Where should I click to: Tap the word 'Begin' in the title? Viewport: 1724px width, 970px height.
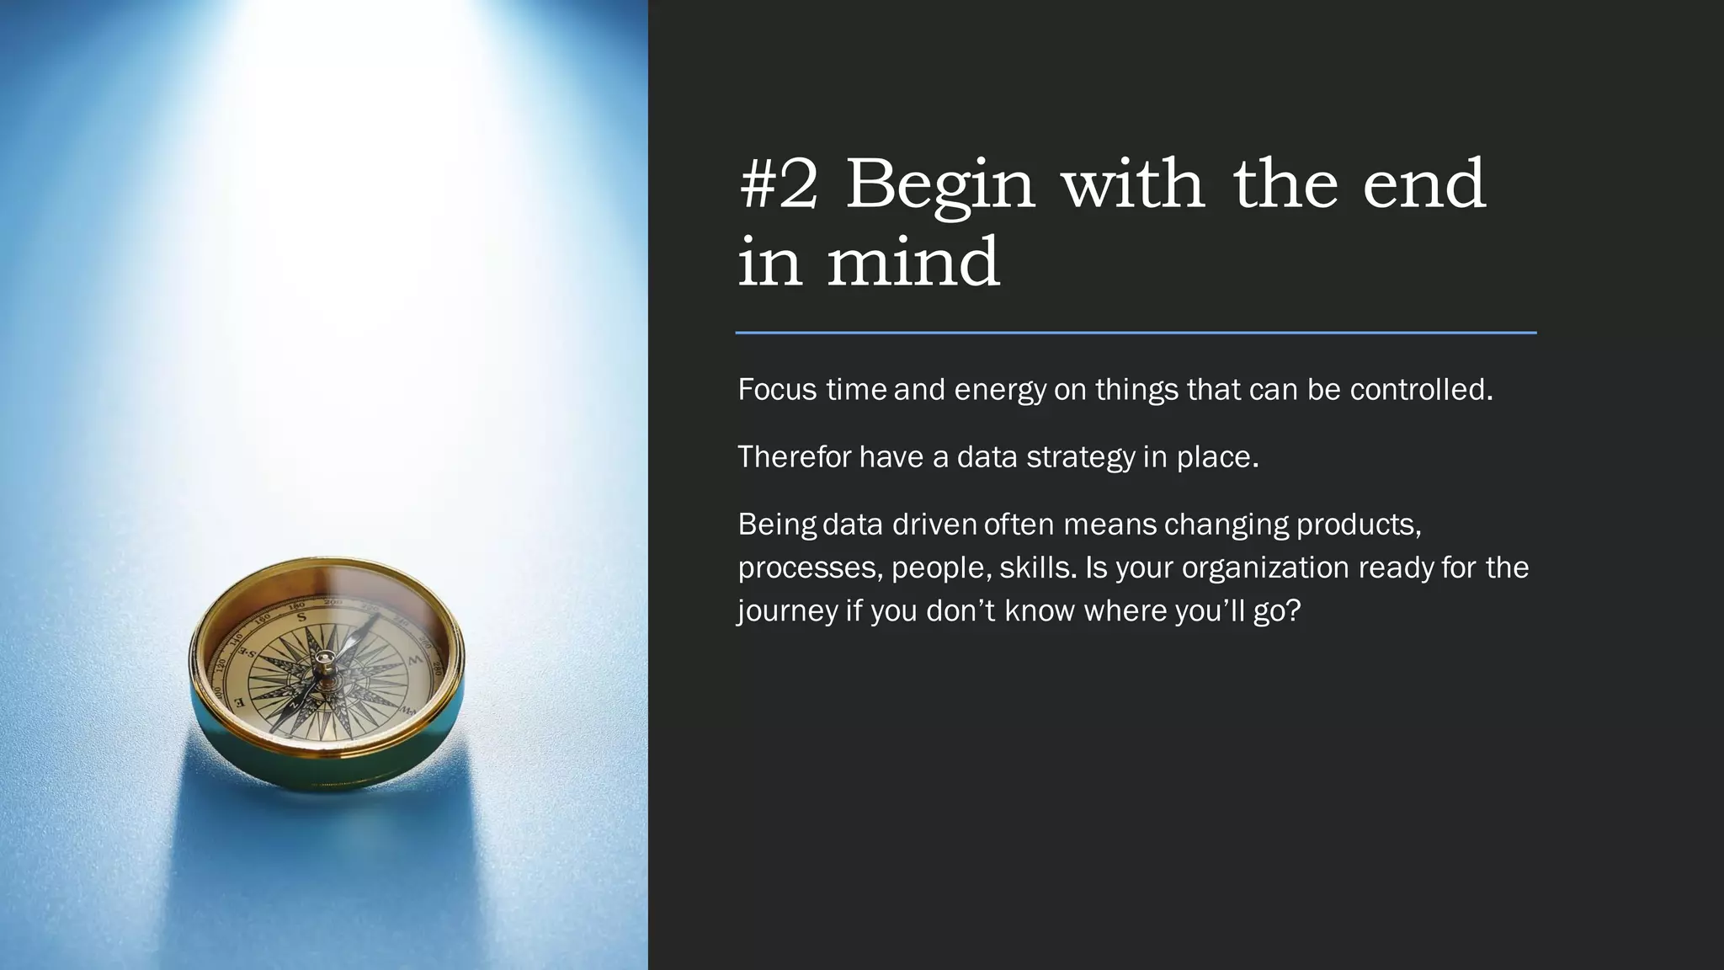click(x=939, y=187)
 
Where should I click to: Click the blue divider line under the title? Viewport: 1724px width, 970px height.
click(x=1136, y=333)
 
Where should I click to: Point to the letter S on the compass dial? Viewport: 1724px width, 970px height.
click(x=302, y=618)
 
